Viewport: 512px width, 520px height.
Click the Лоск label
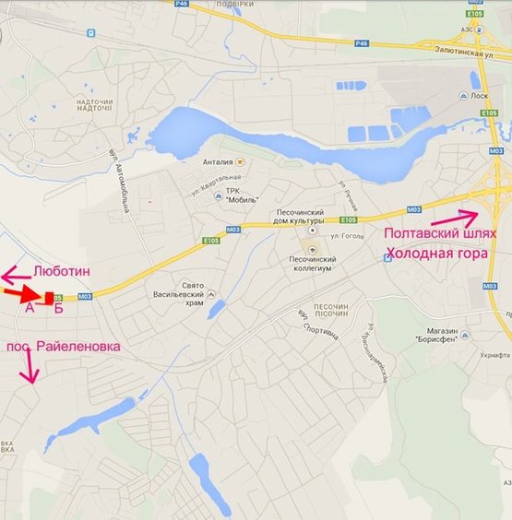pos(478,95)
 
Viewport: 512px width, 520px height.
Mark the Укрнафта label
pos(494,355)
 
